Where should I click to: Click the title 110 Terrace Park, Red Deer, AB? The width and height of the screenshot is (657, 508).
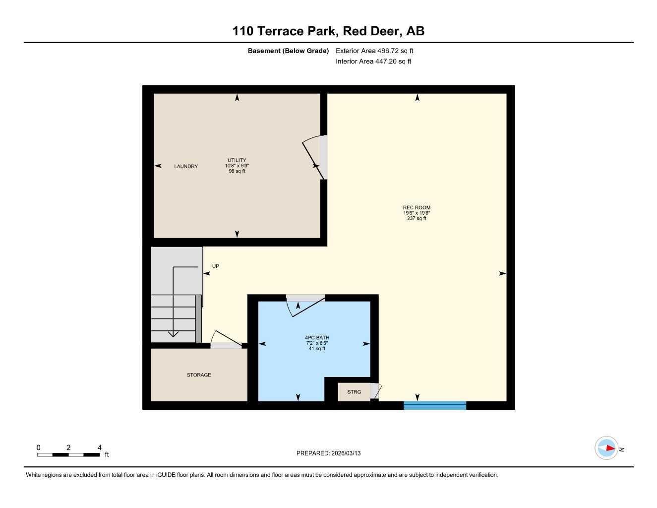pos(328,31)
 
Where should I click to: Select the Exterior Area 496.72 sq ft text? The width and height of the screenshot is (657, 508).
pos(374,51)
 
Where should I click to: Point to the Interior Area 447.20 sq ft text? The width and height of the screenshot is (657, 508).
pos(373,62)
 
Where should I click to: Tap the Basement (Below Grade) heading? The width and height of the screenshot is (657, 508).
pos(288,51)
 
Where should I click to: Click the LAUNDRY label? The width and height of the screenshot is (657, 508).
pos(186,166)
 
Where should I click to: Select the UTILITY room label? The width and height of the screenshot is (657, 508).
pos(237,160)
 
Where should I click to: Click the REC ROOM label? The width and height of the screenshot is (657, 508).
pos(417,207)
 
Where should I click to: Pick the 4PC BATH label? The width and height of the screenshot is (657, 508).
pos(317,338)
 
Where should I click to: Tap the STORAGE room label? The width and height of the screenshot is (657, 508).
pos(199,375)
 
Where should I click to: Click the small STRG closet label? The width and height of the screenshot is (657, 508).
pos(354,392)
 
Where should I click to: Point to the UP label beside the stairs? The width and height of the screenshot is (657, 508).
pos(215,266)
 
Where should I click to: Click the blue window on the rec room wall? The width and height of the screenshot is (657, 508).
pos(435,405)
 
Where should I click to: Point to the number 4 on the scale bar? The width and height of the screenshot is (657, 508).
pos(100,447)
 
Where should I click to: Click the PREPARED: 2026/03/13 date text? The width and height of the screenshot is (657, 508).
pos(328,453)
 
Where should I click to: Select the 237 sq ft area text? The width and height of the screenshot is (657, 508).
pos(417,218)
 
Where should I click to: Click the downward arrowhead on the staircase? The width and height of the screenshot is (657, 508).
pos(173,334)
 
